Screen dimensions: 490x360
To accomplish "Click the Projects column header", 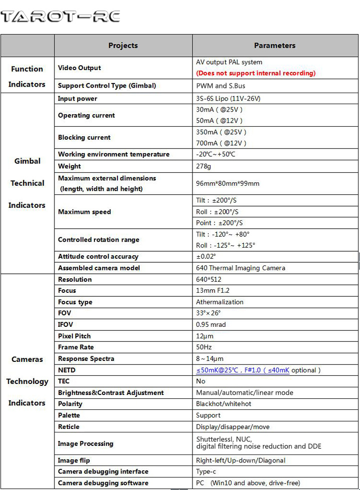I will click(x=123, y=46).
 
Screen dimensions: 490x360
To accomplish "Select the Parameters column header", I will click(x=274, y=46).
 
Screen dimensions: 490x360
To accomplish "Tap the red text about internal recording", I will click(x=255, y=73).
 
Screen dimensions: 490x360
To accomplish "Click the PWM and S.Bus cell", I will click(x=220, y=86).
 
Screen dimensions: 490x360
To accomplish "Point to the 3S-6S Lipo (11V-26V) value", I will click(x=228, y=99).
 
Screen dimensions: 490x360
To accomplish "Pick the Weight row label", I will click(x=69, y=166).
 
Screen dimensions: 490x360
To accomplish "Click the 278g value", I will click(x=203, y=166).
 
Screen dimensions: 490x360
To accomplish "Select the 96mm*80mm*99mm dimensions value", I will click(x=227, y=183).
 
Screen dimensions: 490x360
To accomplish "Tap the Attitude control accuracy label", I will click(x=98, y=256).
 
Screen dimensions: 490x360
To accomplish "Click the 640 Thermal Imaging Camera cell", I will click(x=240, y=268).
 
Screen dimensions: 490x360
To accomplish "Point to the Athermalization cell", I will click(x=219, y=302).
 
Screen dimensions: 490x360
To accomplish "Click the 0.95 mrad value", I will click(x=210, y=324).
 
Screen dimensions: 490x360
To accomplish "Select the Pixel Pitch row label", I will click(x=74, y=336).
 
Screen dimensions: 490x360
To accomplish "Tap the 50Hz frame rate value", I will click(x=204, y=347).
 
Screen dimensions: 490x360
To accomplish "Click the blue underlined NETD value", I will click(x=242, y=370).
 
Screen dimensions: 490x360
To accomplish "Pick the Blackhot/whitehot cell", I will click(x=223, y=403).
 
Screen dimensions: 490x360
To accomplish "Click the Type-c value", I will click(x=205, y=471).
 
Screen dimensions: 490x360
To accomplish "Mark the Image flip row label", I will click(x=74, y=460).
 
